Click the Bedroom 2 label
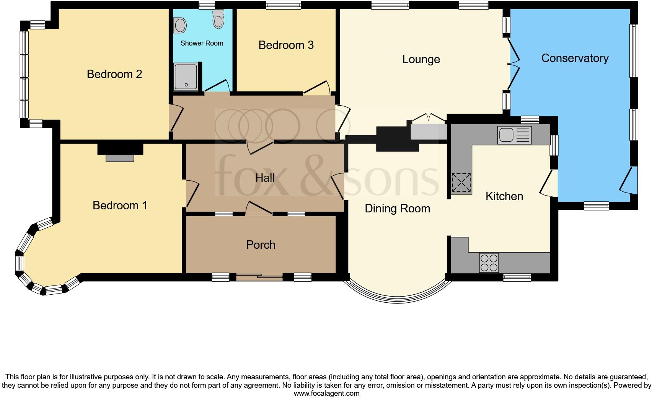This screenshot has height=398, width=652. point(114,74)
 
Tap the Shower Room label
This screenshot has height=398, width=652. point(202,43)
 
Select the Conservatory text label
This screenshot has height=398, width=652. point(574,58)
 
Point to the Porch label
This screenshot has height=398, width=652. point(261,245)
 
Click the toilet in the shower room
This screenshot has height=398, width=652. point(218,19)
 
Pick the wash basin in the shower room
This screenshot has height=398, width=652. point(180,26)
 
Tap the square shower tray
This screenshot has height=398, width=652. point(186,77)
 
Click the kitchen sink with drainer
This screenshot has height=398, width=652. point(514,135)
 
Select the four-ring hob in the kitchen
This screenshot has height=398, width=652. point(489,263)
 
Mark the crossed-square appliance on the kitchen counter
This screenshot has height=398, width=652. point(461,183)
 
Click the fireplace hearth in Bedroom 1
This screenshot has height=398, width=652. point(120,158)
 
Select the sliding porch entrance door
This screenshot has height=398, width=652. point(259,277)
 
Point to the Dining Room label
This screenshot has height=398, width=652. point(397,209)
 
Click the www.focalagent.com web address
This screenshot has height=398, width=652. point(326,393)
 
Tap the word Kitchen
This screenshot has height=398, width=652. point(504,196)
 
